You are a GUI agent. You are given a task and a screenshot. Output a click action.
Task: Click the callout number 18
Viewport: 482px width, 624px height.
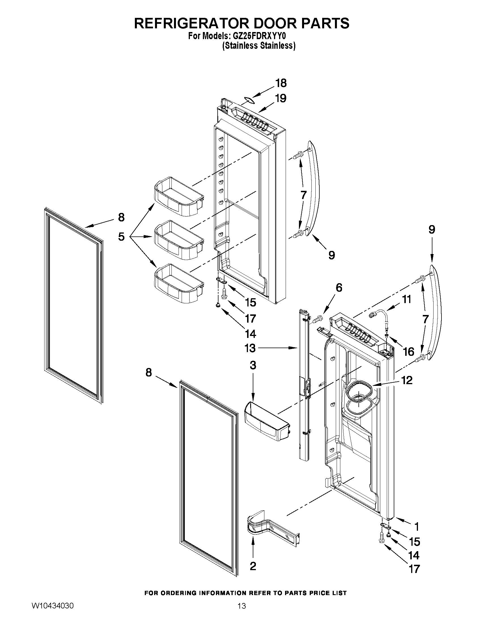click(281, 83)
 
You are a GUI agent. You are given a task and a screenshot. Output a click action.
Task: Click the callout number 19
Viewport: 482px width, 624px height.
click(281, 98)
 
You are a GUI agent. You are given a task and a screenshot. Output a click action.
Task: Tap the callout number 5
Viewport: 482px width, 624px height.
click(121, 236)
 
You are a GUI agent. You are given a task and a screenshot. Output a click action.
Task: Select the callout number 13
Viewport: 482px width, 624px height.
click(250, 348)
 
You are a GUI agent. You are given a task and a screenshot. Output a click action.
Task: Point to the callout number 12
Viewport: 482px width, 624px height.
click(407, 380)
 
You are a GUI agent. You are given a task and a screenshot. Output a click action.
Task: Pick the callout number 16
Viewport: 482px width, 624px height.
click(409, 352)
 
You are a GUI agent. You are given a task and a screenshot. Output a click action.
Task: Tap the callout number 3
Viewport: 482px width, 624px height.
click(253, 365)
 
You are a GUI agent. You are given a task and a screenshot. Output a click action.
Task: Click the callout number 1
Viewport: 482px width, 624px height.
click(417, 526)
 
